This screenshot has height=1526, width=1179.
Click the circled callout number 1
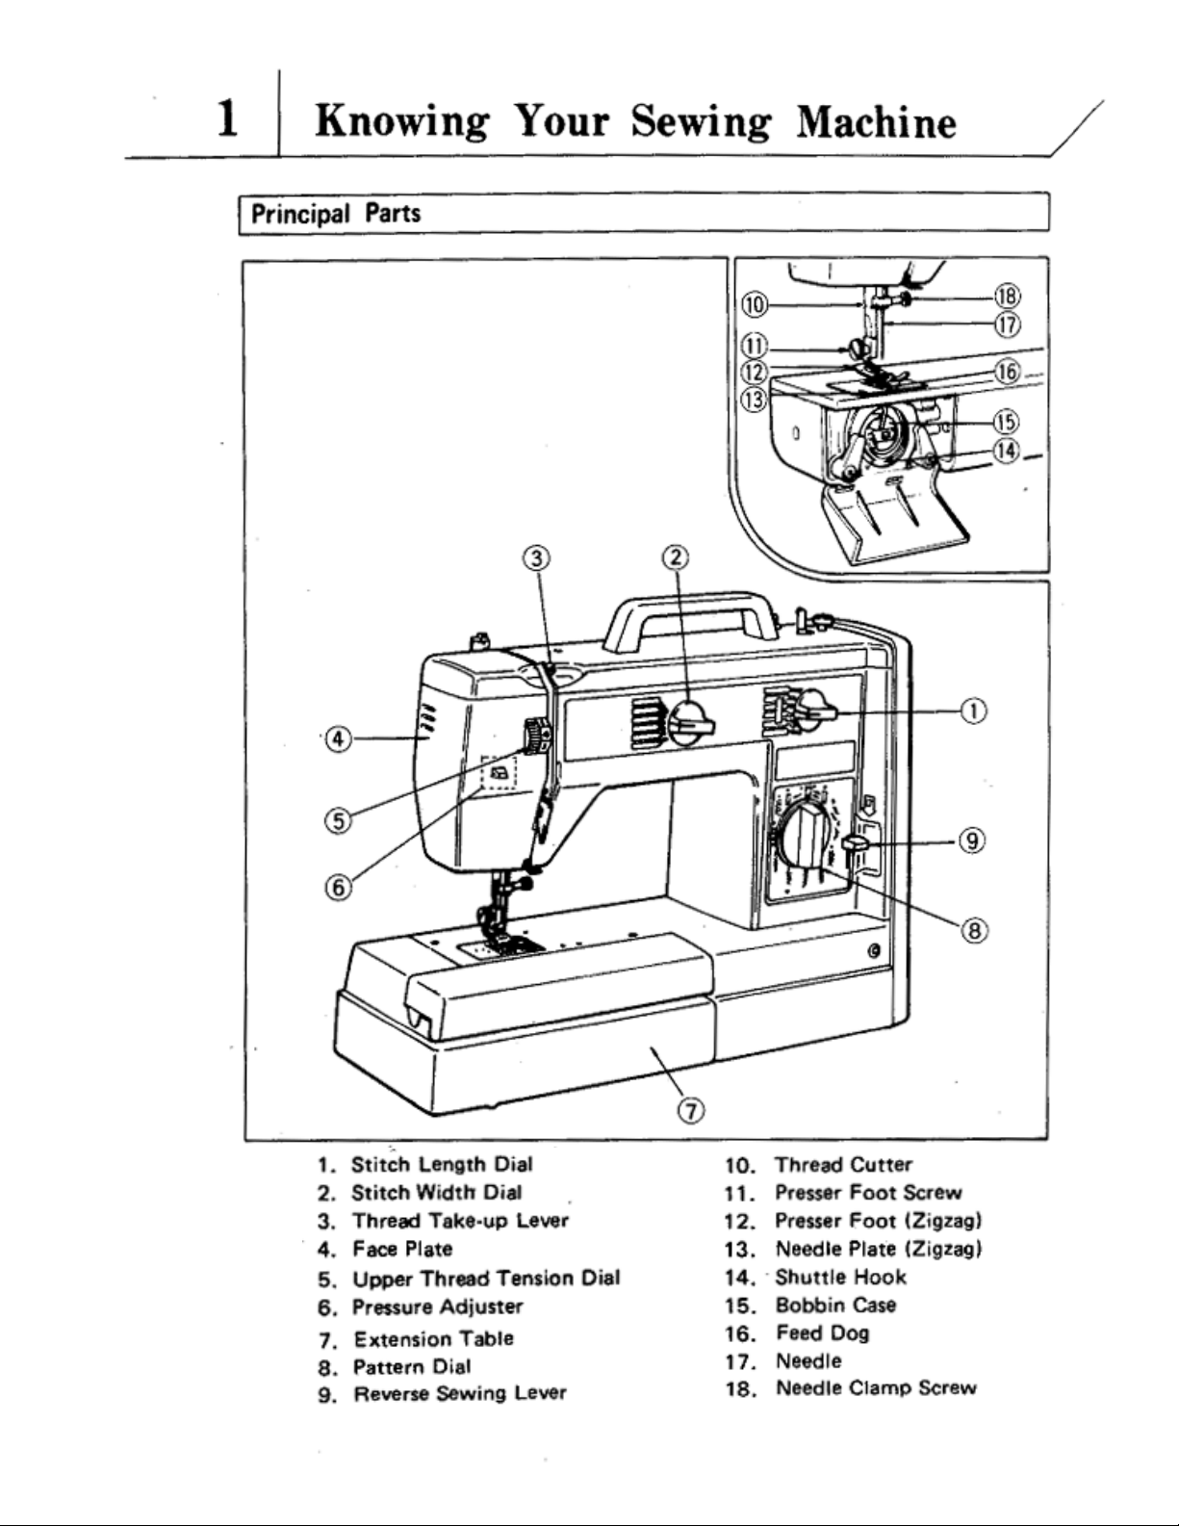click(x=974, y=711)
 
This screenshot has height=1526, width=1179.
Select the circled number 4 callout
click(x=337, y=738)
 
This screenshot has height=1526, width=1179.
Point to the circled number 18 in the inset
click(x=1008, y=297)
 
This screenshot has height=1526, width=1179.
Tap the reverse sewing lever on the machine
click(x=855, y=844)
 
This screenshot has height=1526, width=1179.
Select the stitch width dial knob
click(x=687, y=721)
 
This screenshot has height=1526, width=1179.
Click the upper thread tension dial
click(x=535, y=737)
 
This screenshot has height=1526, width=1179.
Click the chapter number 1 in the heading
click(x=228, y=120)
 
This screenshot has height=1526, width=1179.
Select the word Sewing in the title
click(x=700, y=122)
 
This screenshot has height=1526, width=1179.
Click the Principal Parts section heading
click(x=336, y=213)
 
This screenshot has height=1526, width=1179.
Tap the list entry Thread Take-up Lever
click(x=460, y=1221)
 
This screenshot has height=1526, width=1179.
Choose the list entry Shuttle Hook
click(x=840, y=1277)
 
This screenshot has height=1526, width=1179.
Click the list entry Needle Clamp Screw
click(x=875, y=1388)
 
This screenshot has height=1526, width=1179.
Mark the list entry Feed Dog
click(x=822, y=1333)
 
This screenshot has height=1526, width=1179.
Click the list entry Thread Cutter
click(x=843, y=1165)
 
